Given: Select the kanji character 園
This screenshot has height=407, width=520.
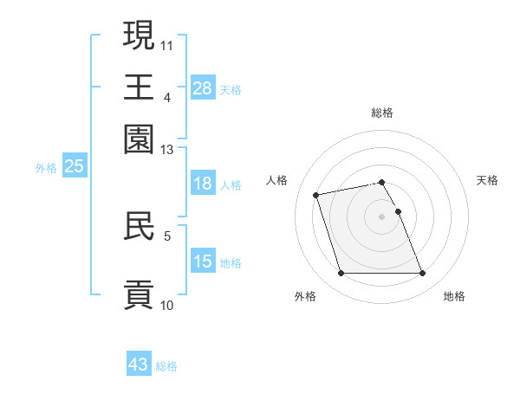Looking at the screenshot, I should (x=139, y=138).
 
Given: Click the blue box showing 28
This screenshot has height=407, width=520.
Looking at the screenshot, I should (x=203, y=87).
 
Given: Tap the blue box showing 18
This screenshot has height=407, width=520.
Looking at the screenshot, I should (x=203, y=184).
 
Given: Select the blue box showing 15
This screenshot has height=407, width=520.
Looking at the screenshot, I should (x=203, y=262).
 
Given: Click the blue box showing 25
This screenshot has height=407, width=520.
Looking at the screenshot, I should (x=74, y=166).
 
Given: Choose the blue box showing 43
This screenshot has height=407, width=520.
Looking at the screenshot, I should (x=139, y=365).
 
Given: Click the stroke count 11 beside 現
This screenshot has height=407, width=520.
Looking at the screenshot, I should (x=167, y=43).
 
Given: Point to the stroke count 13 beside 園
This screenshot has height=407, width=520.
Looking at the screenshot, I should (x=167, y=149).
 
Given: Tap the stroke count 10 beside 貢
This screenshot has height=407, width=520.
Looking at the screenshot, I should (x=167, y=305).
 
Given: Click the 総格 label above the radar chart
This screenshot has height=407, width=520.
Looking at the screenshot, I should (x=382, y=113).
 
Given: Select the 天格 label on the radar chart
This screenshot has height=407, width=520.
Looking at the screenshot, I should (x=487, y=180).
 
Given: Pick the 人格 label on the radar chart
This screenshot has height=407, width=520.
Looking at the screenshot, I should (x=277, y=180).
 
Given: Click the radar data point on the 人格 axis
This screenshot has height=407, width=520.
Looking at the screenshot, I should (x=316, y=194).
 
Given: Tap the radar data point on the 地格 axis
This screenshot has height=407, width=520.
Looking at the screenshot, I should (x=422, y=274).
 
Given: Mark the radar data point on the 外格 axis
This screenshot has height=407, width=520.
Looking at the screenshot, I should (x=341, y=274).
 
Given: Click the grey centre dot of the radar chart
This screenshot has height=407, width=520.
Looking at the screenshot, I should (x=382, y=216).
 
